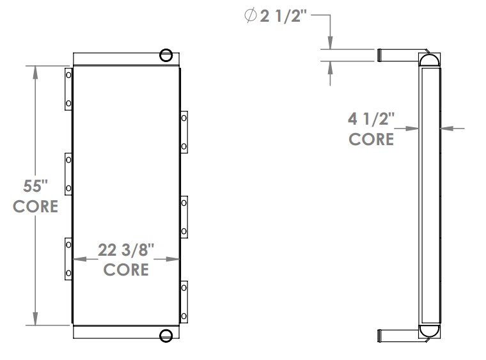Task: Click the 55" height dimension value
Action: (x=36, y=187)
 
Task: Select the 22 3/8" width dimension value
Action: (x=126, y=250)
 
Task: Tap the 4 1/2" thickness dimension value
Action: (x=372, y=119)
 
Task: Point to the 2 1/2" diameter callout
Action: (x=285, y=17)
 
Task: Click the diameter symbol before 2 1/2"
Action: (x=250, y=17)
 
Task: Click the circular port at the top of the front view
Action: (x=166, y=55)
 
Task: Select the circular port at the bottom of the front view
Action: (x=166, y=335)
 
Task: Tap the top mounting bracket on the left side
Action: (x=68, y=89)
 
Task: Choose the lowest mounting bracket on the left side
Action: (x=68, y=258)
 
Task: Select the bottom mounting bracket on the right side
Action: (x=184, y=301)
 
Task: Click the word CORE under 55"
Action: (x=36, y=207)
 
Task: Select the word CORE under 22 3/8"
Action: (x=126, y=269)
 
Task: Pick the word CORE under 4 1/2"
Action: (x=372, y=138)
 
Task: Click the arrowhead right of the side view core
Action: (x=447, y=129)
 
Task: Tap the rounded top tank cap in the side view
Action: (x=429, y=60)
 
